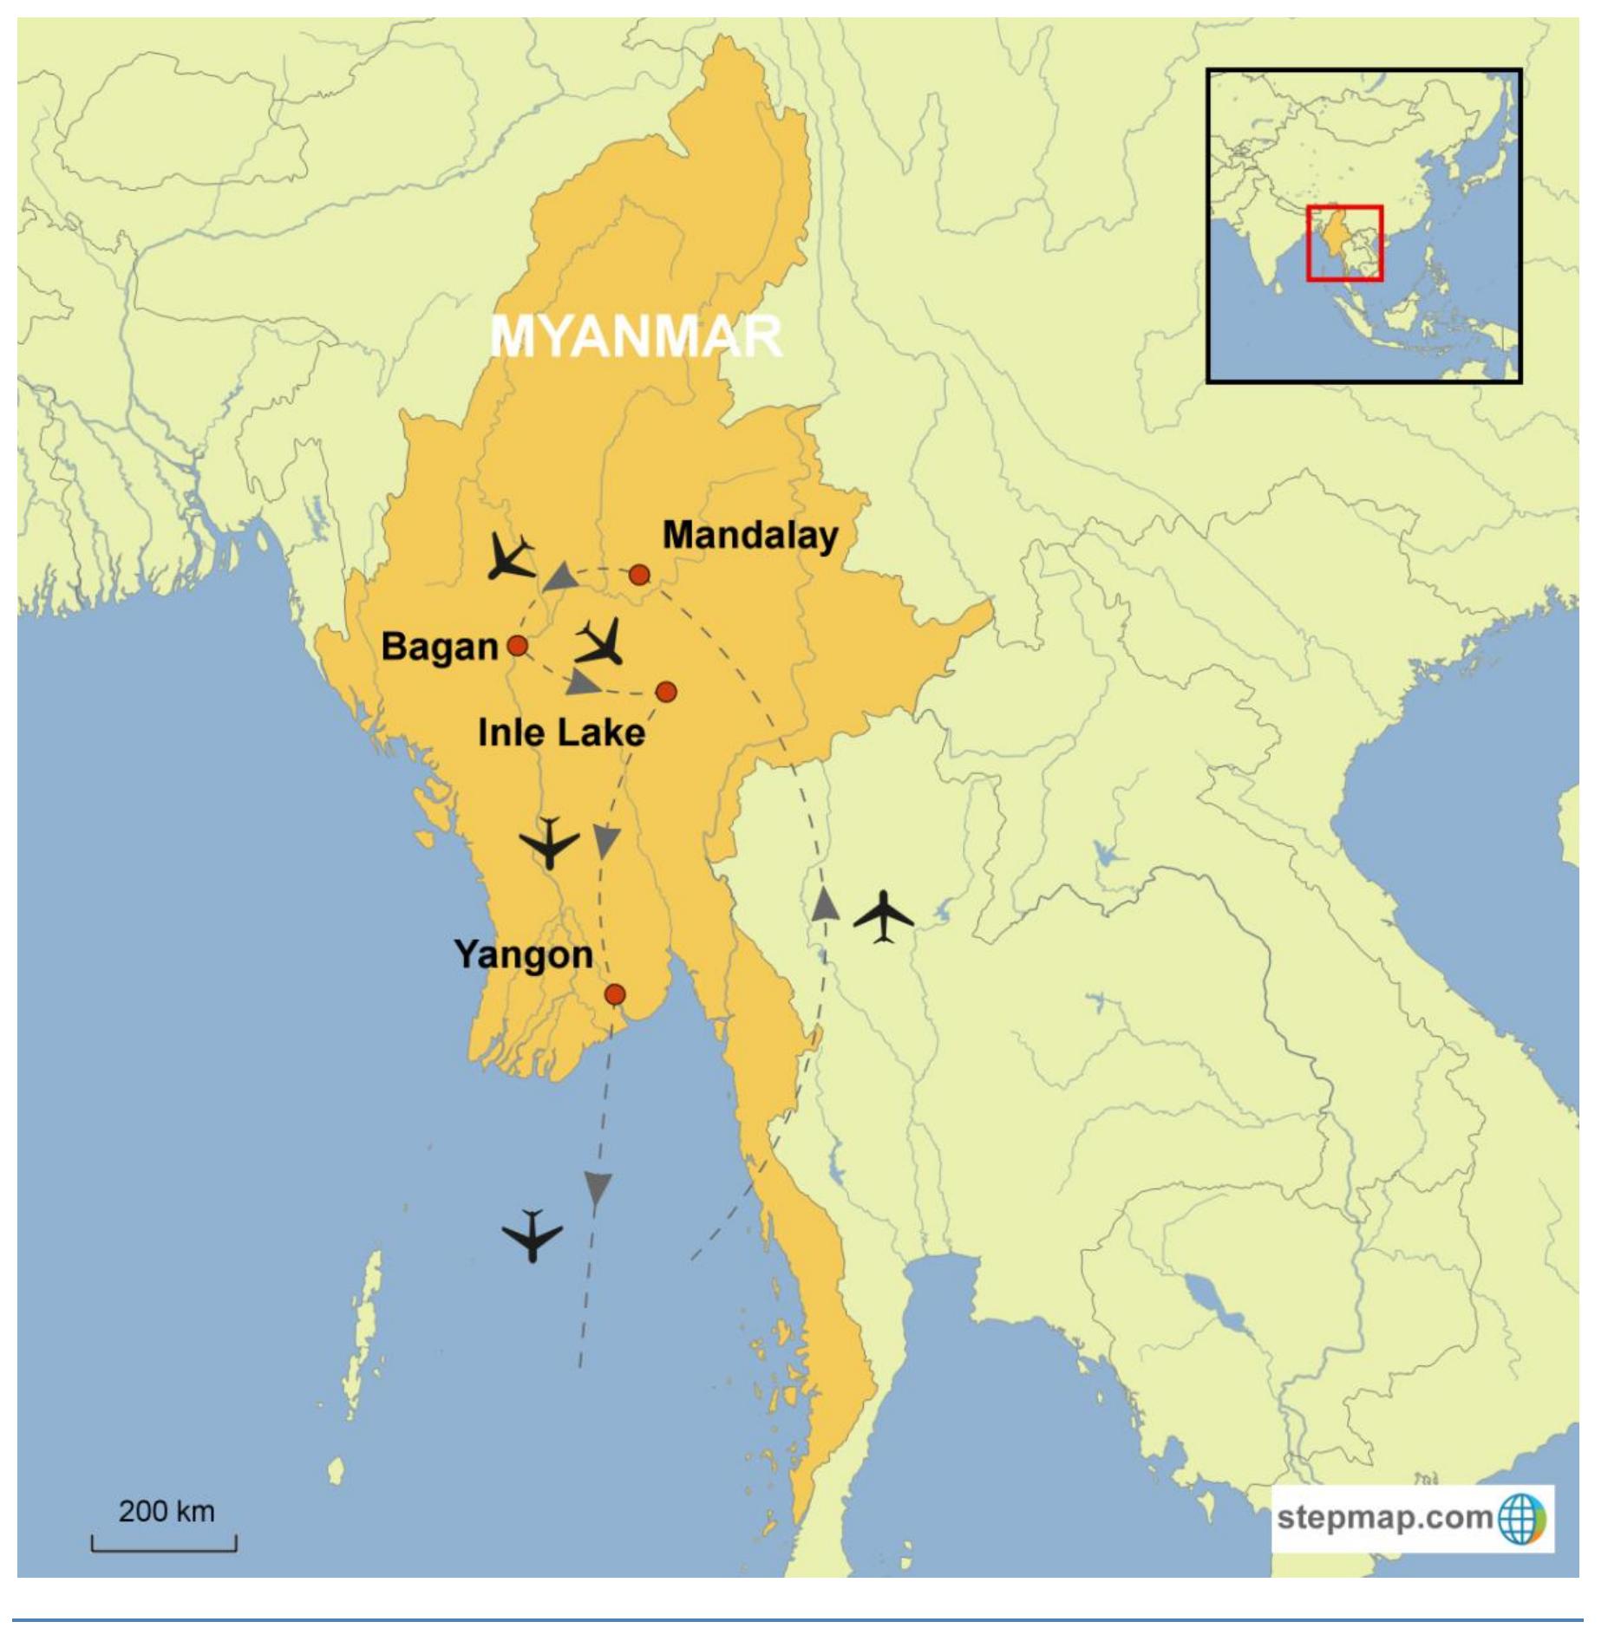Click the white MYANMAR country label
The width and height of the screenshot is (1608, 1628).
point(636,335)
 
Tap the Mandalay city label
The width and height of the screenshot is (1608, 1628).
point(750,535)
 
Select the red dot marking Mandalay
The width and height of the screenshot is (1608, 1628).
point(639,575)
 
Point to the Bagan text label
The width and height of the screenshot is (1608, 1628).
point(440,647)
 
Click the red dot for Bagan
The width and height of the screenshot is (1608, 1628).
point(518,646)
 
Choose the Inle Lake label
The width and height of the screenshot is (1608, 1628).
point(561,733)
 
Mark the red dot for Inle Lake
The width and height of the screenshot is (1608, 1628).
point(666,692)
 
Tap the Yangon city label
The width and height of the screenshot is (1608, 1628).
point(523,954)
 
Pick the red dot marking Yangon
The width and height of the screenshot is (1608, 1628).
point(615,994)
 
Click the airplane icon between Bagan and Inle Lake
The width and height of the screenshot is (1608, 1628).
point(600,642)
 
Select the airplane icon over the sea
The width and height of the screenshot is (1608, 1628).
point(533,1234)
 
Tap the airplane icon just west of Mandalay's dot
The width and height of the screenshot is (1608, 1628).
point(510,557)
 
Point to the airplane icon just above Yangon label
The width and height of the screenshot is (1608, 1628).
point(549,842)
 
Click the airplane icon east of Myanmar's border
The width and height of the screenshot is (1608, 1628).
point(883,915)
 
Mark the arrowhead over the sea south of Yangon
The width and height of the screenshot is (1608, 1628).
point(598,1188)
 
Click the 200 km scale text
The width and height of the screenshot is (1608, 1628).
point(167,1511)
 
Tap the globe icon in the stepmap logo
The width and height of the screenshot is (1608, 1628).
point(1521,1518)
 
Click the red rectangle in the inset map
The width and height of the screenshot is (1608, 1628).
point(1344,243)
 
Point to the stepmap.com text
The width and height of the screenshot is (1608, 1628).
point(1384,1517)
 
